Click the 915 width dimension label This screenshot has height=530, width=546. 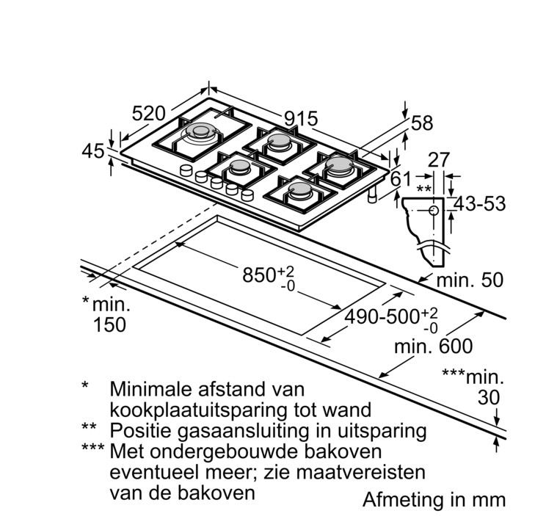pos(301,118)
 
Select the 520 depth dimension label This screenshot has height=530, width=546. pos(149,114)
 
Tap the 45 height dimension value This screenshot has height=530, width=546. pos(93,151)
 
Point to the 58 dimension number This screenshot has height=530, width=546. pos(422,123)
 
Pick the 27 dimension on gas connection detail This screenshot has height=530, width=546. pos(438,161)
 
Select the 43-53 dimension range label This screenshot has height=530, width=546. pos(478,204)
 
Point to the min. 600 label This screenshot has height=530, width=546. pos(434,346)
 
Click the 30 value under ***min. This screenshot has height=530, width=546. pos(487,397)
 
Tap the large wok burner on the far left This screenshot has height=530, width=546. pos(200,134)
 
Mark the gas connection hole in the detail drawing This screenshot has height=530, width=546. pos(433,210)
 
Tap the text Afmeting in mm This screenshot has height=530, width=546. pos(434,500)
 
